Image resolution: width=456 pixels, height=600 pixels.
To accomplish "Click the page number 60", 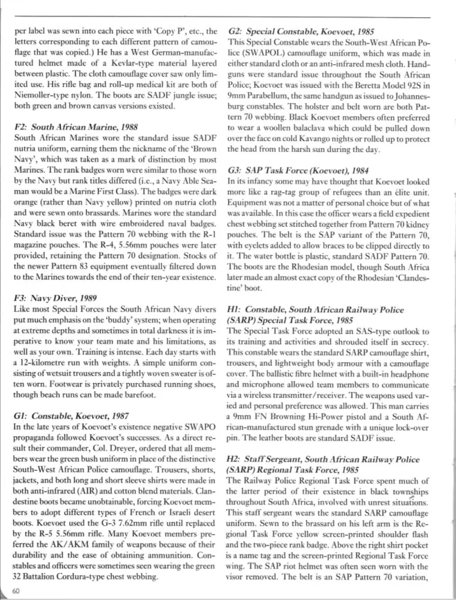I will tap(16, 590).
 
